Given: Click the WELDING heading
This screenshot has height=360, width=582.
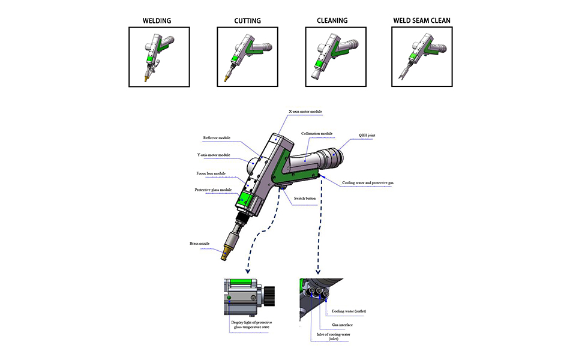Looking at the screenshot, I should click(157, 21).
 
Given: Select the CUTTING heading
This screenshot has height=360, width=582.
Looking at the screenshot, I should click(247, 21).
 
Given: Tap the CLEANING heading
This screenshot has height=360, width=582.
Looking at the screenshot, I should click(332, 20).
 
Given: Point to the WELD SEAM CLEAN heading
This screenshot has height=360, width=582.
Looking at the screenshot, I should click(421, 20).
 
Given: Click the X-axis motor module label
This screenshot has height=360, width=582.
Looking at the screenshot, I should click(305, 111).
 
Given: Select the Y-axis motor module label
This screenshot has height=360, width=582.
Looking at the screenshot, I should click(214, 155).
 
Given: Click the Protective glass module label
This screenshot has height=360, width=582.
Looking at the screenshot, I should click(213, 190).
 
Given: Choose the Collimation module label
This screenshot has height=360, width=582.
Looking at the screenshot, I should click(317, 134).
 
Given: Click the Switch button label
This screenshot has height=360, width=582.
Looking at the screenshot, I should click(305, 198).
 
